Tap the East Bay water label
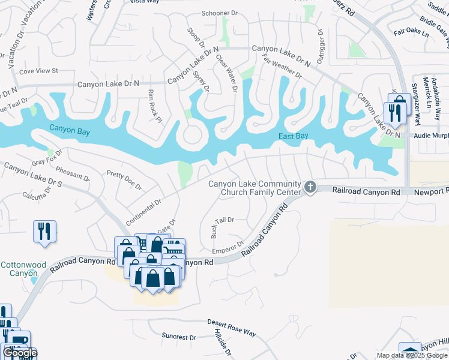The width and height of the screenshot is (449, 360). coord(294,137)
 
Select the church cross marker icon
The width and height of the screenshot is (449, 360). coord(310,187)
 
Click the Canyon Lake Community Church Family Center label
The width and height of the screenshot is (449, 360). coord(255,188)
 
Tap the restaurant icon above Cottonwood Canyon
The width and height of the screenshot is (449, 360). coord(44,230)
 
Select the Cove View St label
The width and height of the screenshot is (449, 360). coord(38,71)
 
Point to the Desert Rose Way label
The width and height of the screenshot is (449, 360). coord(232,327)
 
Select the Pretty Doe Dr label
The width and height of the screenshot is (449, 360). coord(124,180)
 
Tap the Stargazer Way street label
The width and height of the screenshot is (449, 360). coord(414,106)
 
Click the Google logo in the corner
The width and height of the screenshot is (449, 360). coord(20,353)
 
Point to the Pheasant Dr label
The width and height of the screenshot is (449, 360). coord(71,175)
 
